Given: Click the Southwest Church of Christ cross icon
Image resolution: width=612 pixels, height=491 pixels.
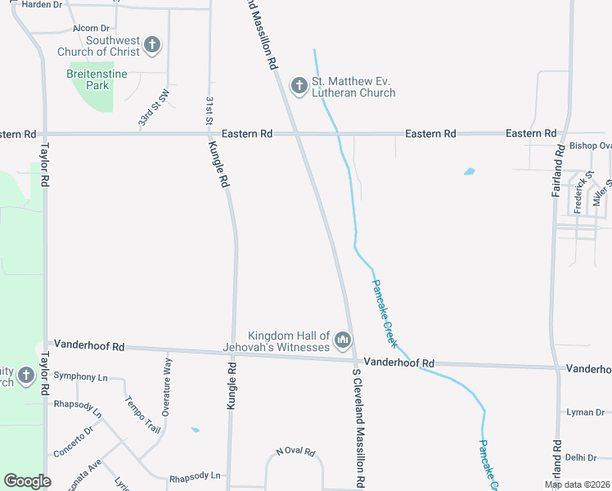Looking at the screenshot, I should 152,45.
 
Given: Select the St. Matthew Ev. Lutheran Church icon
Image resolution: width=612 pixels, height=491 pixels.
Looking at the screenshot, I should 299,84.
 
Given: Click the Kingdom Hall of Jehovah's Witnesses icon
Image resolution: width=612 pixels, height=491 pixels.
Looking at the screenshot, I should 343,339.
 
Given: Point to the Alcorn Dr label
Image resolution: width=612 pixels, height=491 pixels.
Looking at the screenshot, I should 90,29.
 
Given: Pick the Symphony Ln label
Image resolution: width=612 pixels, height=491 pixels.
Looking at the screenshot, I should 80,376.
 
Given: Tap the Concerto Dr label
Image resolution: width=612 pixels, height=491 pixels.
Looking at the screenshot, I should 74,441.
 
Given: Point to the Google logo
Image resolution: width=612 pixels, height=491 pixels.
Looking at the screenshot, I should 27,481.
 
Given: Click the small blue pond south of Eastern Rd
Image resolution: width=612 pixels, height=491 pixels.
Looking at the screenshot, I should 469,172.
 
